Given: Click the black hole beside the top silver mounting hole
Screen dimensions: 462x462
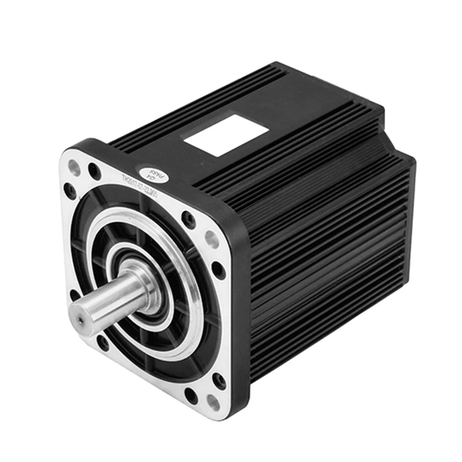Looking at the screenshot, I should click(x=94, y=170).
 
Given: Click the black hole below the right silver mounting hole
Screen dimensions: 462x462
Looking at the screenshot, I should click(x=218, y=270).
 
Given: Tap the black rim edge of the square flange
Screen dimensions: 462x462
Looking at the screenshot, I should click(x=239, y=323).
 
